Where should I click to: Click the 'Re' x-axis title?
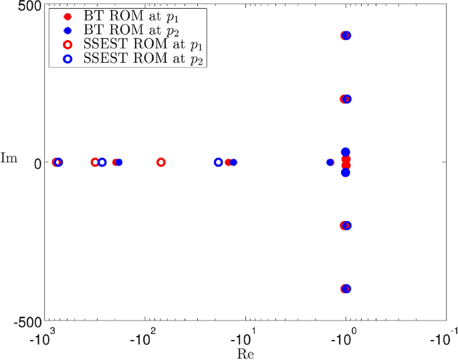pos(245,352)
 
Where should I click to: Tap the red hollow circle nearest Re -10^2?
pos(161,162)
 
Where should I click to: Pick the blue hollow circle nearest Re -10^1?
pos(219,162)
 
